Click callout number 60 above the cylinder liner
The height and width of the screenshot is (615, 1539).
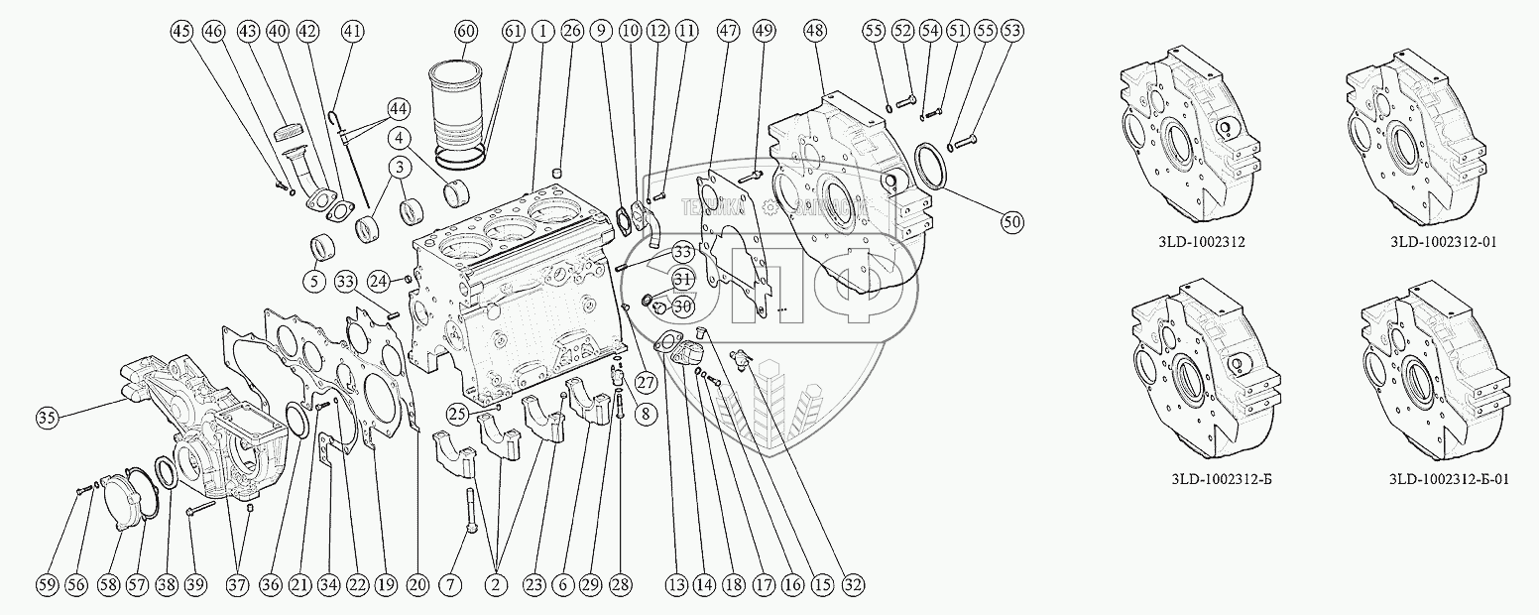[x=466, y=31]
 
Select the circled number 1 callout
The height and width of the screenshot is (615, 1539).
[x=542, y=31]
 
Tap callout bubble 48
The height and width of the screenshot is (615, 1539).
[x=815, y=31]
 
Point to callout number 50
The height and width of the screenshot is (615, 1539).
[x=1010, y=222]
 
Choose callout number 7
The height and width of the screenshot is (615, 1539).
[x=453, y=586]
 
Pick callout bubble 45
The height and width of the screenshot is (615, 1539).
[x=181, y=31]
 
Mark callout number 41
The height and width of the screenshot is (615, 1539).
[x=352, y=31]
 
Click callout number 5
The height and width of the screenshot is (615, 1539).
[x=313, y=282]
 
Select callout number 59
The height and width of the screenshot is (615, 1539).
[x=47, y=586]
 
